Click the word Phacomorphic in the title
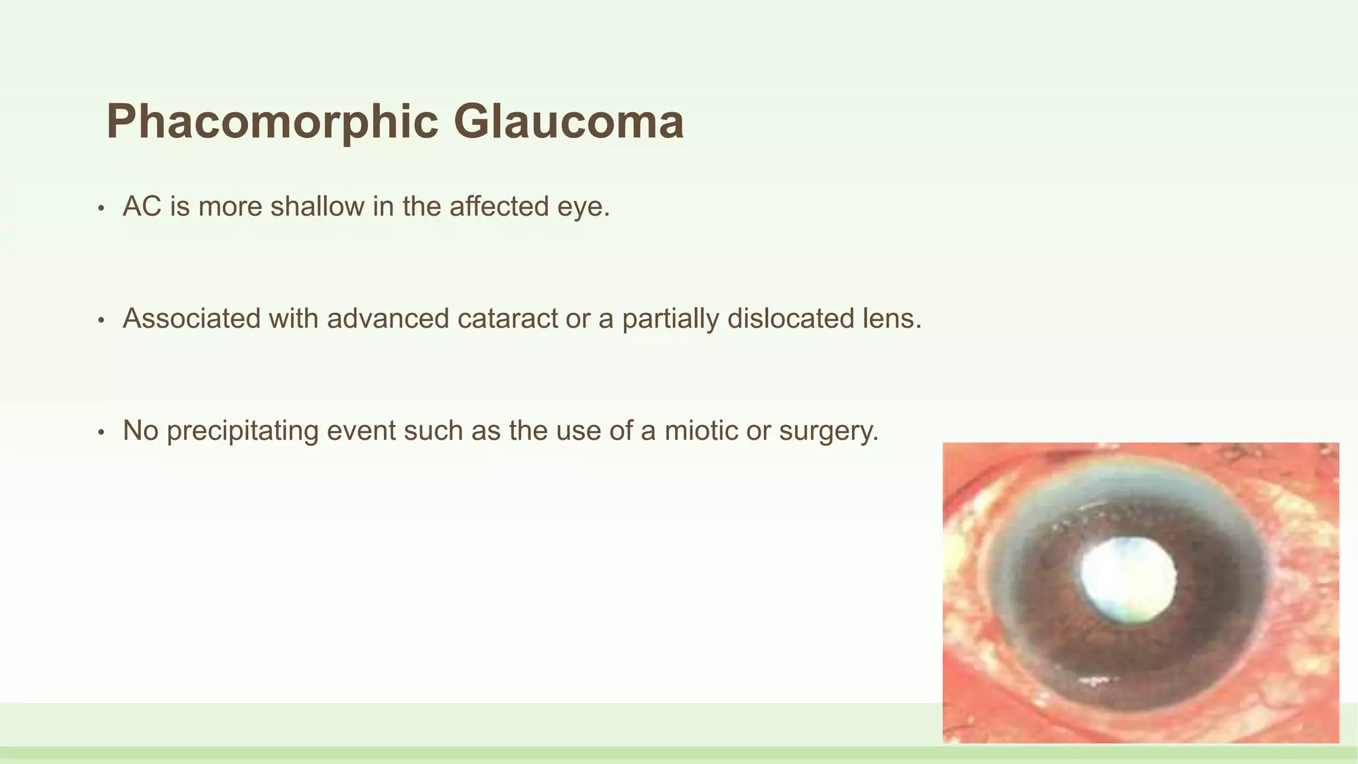272,122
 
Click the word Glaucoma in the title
568,122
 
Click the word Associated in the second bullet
192,319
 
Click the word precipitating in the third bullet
242,431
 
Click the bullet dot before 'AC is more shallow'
101,209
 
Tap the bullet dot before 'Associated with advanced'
101,321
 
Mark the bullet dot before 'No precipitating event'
101,433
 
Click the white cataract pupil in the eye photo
1128,580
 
